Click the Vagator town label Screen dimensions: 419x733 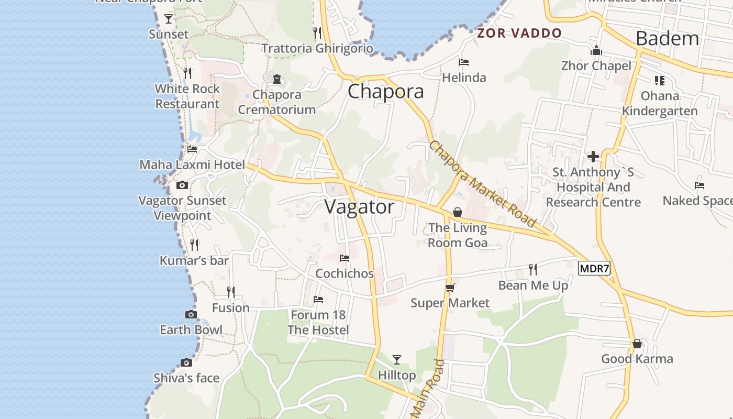coord(359,207)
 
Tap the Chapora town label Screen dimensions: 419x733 coord(386,92)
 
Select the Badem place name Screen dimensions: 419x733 coord(667,38)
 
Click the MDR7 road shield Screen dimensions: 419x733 coord(594,269)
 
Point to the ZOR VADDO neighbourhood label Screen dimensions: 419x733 coord(519,34)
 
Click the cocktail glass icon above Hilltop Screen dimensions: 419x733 coord(397,359)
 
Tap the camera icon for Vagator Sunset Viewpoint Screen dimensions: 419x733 coord(182,185)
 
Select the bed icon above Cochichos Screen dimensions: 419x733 coord(345,258)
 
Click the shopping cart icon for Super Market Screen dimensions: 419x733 coord(450,288)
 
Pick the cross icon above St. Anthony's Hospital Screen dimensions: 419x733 coord(593,157)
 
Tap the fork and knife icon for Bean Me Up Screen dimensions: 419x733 coord(533,270)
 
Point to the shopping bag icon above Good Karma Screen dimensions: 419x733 coord(637,344)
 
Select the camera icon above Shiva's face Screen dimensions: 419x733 coord(186,362)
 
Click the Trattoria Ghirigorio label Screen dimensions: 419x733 coord(317,49)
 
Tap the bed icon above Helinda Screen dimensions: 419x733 coord(464,62)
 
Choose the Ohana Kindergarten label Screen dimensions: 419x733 coord(660,103)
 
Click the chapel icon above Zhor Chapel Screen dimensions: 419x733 coord(596,51)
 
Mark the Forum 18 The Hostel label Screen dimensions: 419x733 coord(318,323)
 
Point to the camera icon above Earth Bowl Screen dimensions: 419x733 coord(191,315)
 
